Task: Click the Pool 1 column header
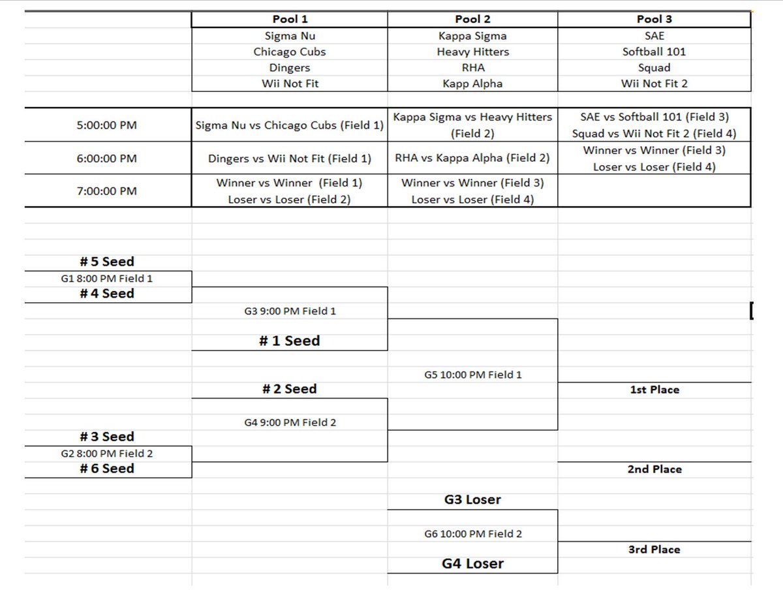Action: tap(290, 20)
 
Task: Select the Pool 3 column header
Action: tap(654, 20)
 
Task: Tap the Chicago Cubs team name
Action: tap(290, 52)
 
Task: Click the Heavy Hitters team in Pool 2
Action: tap(472, 52)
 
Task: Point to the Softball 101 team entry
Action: tap(654, 52)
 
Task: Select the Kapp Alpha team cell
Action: tap(472, 84)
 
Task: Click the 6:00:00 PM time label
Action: tap(107, 158)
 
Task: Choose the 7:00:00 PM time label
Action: tap(107, 191)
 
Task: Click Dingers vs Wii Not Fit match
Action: tap(290, 158)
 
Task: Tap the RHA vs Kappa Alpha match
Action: tap(472, 158)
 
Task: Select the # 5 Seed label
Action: tap(107, 262)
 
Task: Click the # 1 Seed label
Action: tap(290, 341)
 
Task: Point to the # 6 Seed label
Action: tap(107, 469)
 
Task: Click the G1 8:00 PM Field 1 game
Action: tap(107, 279)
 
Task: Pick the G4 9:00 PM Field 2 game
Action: tap(290, 422)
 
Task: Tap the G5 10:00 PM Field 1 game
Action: tap(472, 375)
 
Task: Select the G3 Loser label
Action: tap(472, 500)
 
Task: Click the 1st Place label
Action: tap(654, 390)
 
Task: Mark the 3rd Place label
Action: tap(654, 550)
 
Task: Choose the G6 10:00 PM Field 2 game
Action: tap(472, 534)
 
